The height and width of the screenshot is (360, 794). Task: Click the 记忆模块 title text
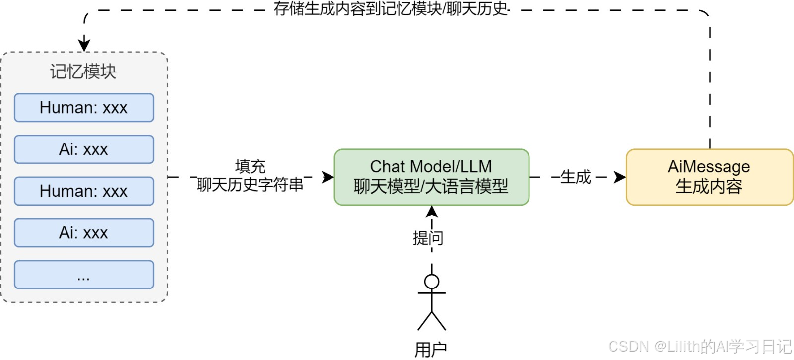(83, 72)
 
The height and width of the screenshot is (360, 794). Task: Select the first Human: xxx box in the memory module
(84, 108)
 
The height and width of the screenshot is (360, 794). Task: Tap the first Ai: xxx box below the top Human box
(84, 149)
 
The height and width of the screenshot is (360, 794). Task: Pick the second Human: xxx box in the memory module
(84, 191)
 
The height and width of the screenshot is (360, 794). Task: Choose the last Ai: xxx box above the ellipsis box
(84, 233)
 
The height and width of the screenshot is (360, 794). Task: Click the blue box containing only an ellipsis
(84, 275)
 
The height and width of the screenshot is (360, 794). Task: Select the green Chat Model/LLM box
(431, 177)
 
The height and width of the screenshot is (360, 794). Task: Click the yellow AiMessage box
(709, 177)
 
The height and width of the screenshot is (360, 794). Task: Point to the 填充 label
(250, 166)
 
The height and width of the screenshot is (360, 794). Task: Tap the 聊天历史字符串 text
(250, 185)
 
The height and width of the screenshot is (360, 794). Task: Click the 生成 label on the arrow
(576, 177)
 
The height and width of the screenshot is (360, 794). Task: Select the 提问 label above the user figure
(428, 238)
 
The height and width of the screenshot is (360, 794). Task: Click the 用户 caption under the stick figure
(430, 350)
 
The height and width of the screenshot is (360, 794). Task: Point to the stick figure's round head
(432, 282)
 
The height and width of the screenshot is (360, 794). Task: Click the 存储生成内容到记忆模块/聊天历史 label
(391, 9)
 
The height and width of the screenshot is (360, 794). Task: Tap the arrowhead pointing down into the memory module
(84, 45)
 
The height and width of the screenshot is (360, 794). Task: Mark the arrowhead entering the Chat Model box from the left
(328, 177)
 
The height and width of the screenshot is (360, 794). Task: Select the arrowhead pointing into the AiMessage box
(619, 177)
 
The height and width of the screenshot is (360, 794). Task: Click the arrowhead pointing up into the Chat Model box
(432, 212)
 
